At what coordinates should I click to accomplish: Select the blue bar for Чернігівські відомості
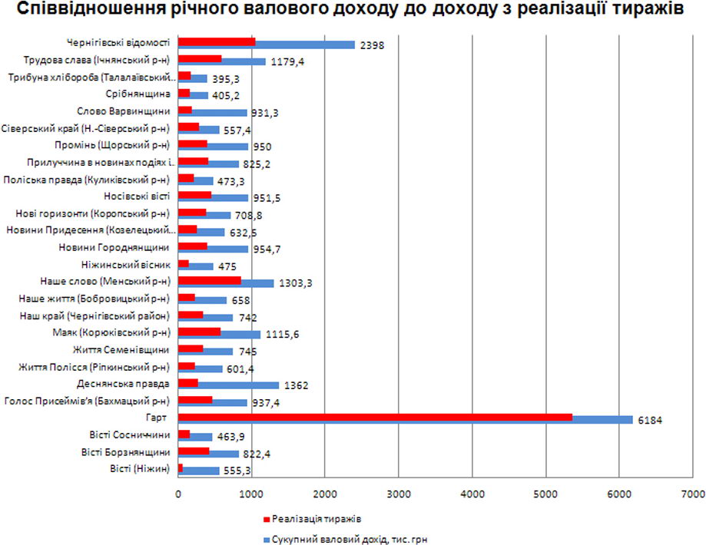click(307, 45)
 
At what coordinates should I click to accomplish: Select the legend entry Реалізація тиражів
click(315, 518)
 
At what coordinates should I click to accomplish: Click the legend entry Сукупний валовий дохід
click(350, 539)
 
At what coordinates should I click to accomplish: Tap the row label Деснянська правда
click(123, 383)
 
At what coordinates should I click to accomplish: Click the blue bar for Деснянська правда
click(246, 385)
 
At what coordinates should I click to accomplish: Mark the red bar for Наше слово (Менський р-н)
click(209, 280)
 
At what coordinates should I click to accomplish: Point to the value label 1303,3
click(295, 283)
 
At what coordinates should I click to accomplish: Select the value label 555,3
click(237, 471)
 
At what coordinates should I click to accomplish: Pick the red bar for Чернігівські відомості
click(216, 41)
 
